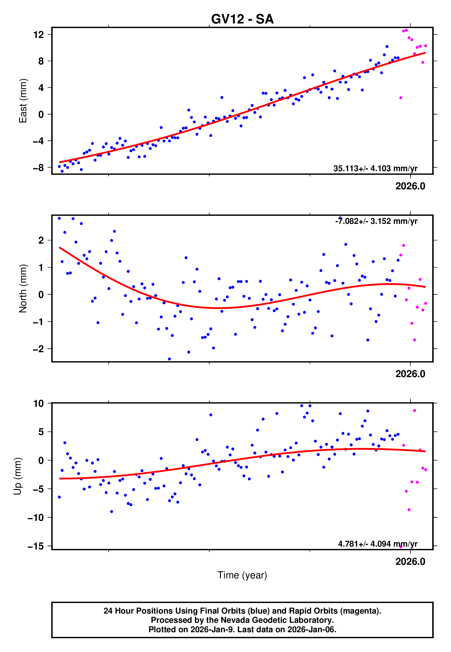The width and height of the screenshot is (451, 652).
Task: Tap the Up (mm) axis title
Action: [x=18, y=476]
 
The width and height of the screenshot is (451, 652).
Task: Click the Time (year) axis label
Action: [x=242, y=575]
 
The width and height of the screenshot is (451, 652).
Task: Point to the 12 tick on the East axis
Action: [x=39, y=35]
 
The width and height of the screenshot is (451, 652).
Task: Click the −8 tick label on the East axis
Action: [x=38, y=168]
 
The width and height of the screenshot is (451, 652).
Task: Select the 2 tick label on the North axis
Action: [x=41, y=240]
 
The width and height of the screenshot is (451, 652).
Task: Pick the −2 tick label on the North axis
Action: [x=38, y=349]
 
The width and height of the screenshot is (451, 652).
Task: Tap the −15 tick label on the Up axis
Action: [x=36, y=546]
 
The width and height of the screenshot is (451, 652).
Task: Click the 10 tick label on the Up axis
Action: [x=39, y=404]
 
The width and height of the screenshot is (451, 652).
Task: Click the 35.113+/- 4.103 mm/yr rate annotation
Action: [x=375, y=168]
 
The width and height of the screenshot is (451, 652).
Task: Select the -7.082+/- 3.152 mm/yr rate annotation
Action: [x=376, y=221]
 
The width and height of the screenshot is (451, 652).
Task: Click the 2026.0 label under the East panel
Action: [x=410, y=186]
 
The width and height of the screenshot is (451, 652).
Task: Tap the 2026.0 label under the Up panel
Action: [x=410, y=562]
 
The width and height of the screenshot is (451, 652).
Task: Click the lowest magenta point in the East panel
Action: [x=401, y=98]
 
